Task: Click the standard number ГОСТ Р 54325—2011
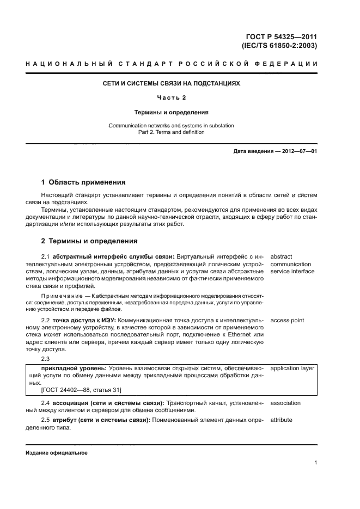[280, 37]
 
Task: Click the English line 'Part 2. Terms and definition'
[172, 132]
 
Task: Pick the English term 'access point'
[288, 320]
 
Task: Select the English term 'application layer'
[292, 369]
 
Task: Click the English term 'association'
[285, 403]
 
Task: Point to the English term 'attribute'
[282, 420]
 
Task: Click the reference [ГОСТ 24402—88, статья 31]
[81, 390]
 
